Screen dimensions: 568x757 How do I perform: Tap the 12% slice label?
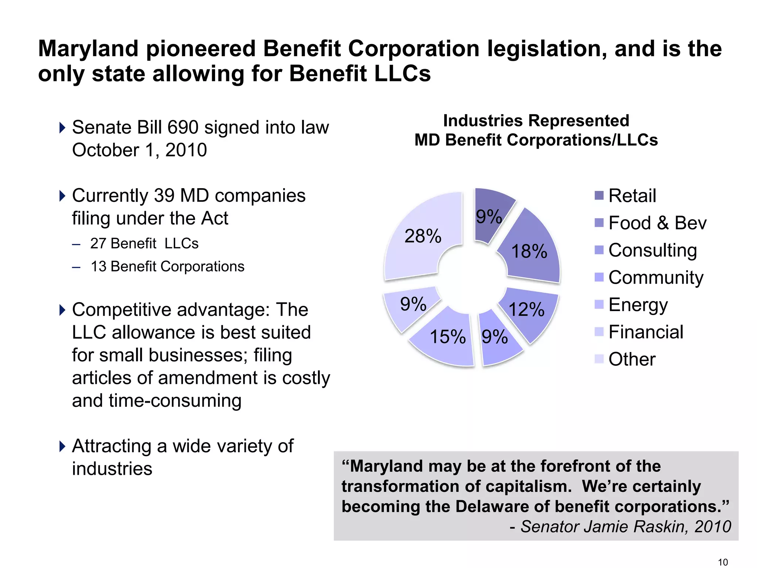click(x=527, y=310)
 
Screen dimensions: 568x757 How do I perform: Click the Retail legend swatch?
click(x=599, y=195)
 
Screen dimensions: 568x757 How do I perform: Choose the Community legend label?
click(x=656, y=277)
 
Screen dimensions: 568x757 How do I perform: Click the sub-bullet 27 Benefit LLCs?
click(x=144, y=243)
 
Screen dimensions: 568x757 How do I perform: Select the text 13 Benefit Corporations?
click(x=167, y=266)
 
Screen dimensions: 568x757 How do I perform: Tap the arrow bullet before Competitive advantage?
click(x=62, y=310)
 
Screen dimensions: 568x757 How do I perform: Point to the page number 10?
click(x=723, y=562)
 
